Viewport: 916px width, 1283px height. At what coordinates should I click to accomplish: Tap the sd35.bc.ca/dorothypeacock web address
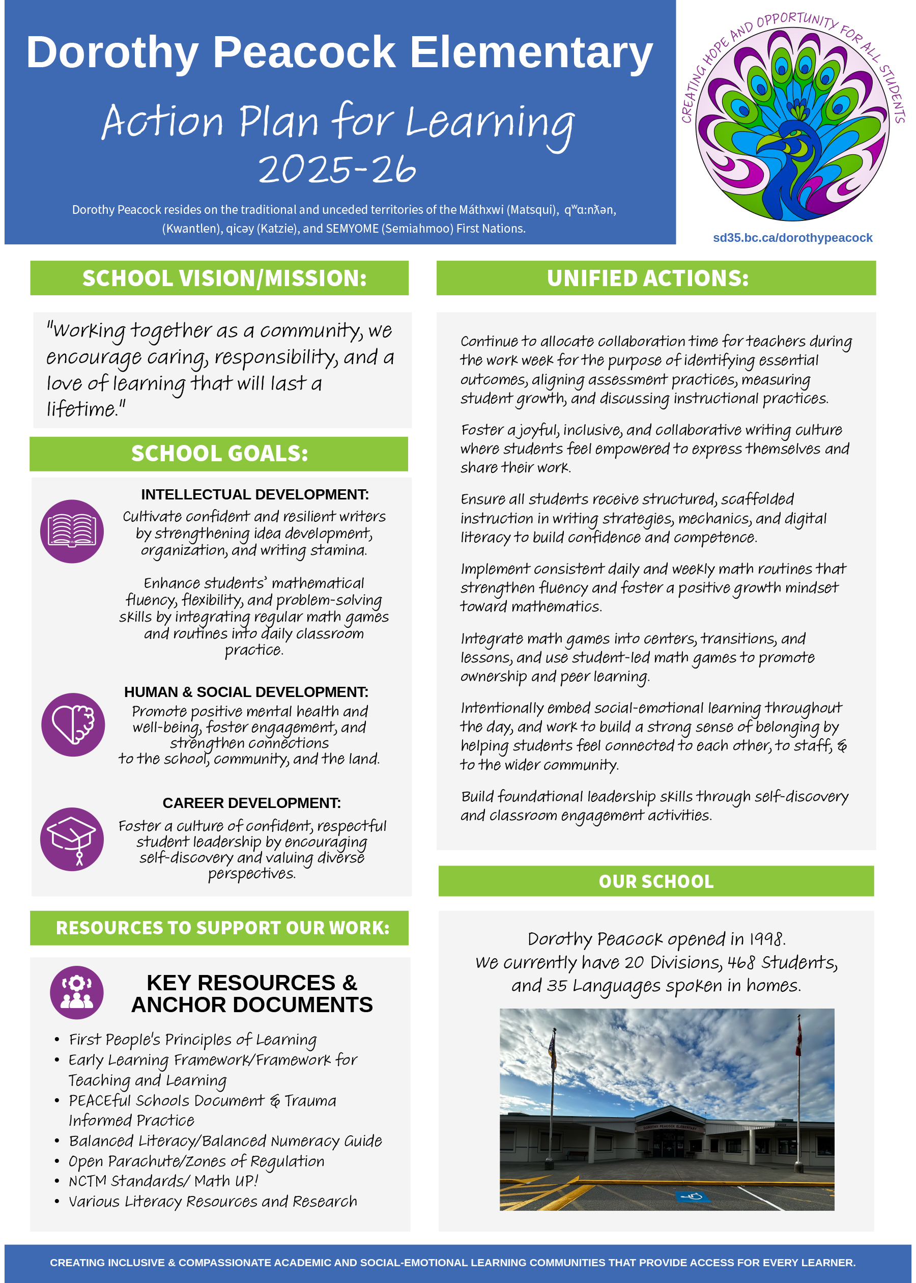coord(792,238)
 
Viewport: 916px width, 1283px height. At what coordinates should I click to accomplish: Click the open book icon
coord(72,532)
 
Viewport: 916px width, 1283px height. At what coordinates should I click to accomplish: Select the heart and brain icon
coord(73,724)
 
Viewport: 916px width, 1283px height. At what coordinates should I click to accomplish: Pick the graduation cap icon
coord(72,839)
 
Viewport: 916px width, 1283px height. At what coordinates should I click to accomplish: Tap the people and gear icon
coord(77,992)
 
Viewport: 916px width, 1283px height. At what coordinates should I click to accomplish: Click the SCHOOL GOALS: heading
coord(219,454)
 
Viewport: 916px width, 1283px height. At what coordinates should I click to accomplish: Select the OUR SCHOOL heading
coord(656,881)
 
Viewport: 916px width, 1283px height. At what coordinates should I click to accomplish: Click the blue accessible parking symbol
coord(692,1196)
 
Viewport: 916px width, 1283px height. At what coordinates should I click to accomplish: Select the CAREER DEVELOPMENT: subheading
coord(251,803)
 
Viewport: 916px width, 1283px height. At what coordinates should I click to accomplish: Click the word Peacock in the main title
coord(304,52)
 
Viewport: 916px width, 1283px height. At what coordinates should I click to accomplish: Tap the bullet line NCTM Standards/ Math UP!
coord(163,1181)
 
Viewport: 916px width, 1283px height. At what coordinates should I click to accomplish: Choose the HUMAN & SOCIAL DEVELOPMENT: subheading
coord(246,692)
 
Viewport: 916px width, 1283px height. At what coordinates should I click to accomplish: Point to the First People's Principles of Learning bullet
coord(192,1039)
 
